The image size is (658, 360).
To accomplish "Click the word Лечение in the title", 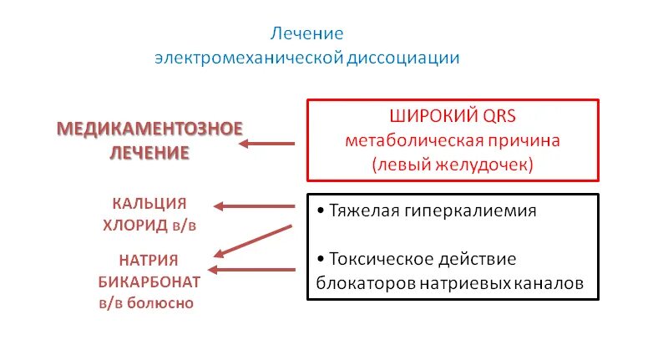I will pyautogui.click(x=306, y=34).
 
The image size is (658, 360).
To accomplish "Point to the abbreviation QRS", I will pyautogui.click(x=500, y=115).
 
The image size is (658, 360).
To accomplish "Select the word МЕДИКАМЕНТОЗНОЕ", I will pyautogui.click(x=149, y=129).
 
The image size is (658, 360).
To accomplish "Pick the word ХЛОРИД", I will pyautogui.click(x=138, y=225).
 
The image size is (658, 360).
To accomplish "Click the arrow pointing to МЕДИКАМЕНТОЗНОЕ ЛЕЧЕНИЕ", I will pyautogui.click(x=266, y=144).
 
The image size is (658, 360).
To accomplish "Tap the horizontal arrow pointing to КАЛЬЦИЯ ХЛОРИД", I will pyautogui.click(x=255, y=205).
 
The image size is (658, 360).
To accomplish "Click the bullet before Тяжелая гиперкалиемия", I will pyautogui.click(x=321, y=210).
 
